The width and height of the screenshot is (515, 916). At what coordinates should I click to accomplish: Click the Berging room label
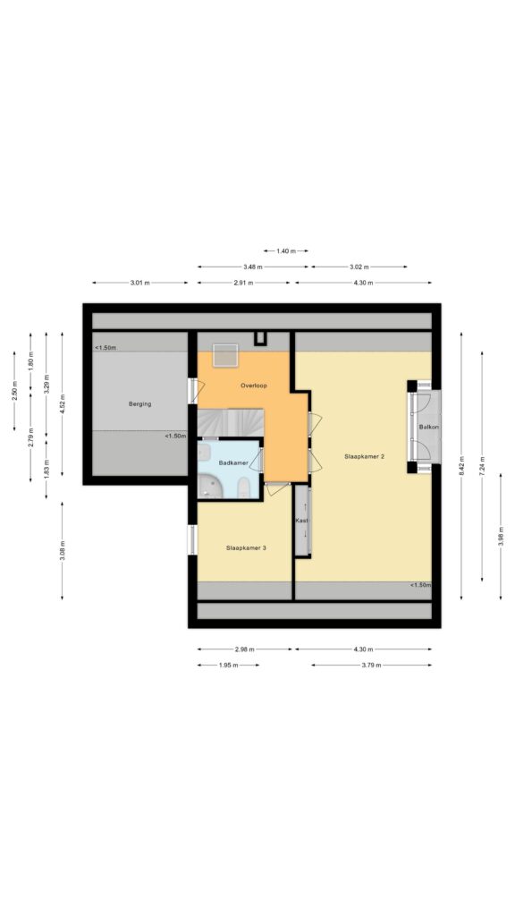[139, 403]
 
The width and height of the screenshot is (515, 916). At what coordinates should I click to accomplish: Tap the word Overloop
[255, 386]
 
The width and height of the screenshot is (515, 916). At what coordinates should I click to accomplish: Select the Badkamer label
[234, 462]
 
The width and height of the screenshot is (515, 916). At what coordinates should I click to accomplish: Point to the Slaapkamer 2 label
[364, 456]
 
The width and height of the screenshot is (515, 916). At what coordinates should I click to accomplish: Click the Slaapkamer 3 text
[246, 547]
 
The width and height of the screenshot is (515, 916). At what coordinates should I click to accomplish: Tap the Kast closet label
[302, 520]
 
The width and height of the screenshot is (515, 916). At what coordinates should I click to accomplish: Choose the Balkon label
[428, 428]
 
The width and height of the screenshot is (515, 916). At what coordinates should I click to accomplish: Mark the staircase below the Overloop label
[231, 421]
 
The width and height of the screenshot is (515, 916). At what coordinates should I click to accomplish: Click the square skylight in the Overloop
[225, 354]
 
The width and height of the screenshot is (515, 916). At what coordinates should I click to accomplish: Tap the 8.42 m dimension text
[461, 465]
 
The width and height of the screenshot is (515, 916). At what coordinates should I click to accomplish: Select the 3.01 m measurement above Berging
[139, 283]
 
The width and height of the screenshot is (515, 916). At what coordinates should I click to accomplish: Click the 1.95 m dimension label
[228, 666]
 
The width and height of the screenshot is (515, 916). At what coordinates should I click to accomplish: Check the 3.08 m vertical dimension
[62, 550]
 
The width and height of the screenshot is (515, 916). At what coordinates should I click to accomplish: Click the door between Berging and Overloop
[191, 390]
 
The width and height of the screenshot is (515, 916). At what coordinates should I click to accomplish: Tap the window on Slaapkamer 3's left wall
[192, 539]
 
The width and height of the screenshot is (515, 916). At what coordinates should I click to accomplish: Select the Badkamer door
[257, 460]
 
